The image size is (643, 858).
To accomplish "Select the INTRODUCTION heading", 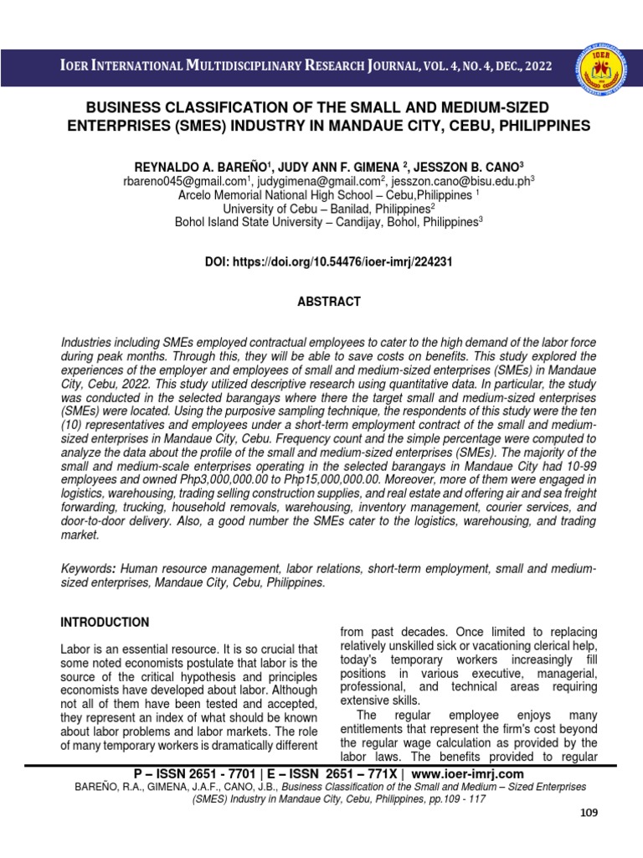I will tap(105, 623).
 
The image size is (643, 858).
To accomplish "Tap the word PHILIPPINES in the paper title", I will tap(537, 126).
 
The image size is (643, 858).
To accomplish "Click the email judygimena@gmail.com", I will tap(321, 179).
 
